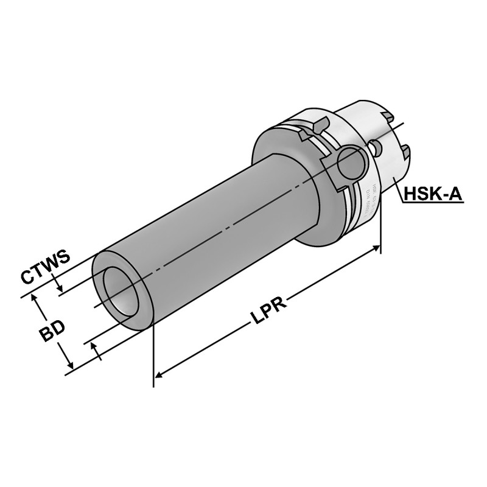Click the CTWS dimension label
point(46,267)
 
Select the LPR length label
point(267,312)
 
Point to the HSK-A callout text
point(433,194)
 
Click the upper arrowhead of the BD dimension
point(36,298)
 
